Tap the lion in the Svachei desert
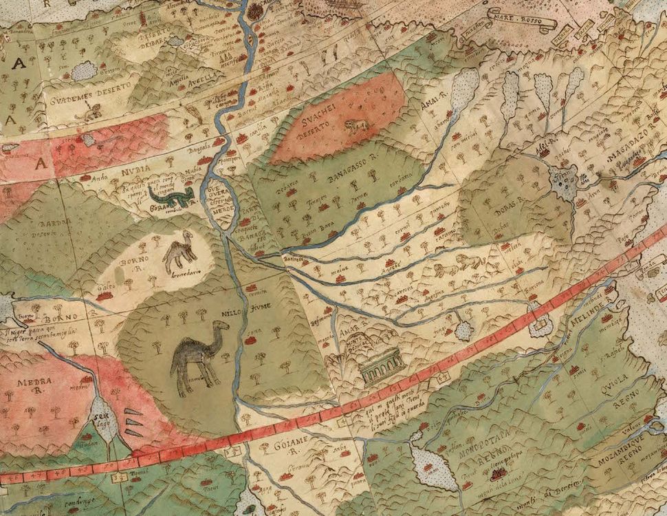pos(356,126)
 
